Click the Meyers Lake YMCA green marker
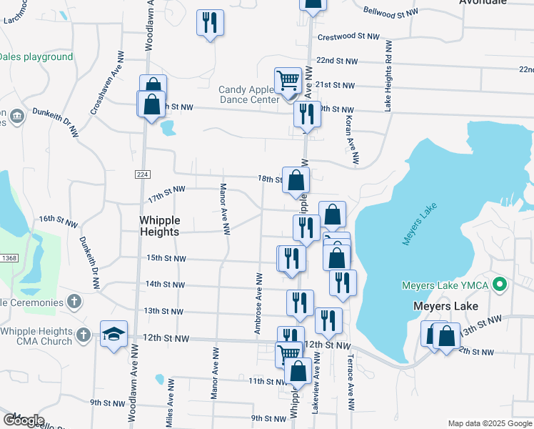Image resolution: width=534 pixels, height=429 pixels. pos(500,286)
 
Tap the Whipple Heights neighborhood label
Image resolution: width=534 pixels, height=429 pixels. pos(159,226)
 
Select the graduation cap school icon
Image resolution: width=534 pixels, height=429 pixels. pos(114,335)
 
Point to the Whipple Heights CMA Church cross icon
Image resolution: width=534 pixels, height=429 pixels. pos(84,335)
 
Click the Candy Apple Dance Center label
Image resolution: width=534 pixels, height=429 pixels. pos(248,94)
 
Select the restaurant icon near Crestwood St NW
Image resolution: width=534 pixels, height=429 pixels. pos(210,23)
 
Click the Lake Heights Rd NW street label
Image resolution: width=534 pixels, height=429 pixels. pos(388,76)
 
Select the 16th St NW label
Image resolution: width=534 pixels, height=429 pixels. pos(58,221)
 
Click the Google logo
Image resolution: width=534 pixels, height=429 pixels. pos(23,420)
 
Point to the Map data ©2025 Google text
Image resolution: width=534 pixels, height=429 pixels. pos(489,423)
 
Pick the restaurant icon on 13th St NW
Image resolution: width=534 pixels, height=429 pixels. pos(300,302)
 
